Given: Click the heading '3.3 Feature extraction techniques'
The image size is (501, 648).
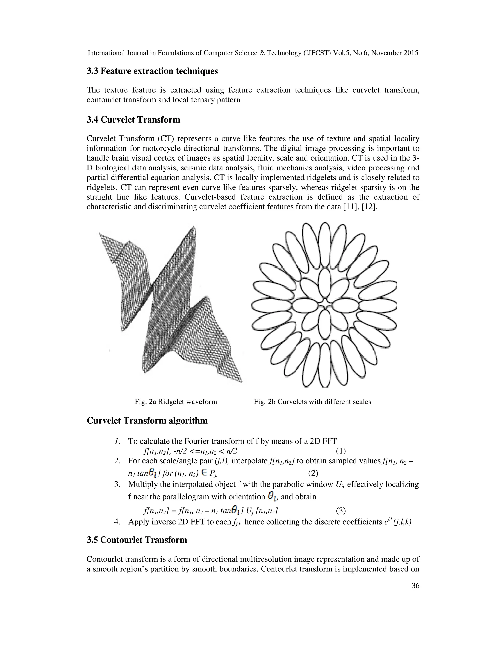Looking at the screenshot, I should tap(152, 71).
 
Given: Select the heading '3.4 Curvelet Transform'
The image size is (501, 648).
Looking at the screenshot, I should tap(133, 120).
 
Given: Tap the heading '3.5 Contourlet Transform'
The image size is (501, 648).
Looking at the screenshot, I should tap(137, 540).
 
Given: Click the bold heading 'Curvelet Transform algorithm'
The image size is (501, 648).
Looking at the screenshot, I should tap(147, 421).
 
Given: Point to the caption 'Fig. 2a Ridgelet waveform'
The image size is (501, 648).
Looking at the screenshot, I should tap(176, 402).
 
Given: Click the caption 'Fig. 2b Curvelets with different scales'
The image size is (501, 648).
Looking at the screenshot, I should tap(312, 402).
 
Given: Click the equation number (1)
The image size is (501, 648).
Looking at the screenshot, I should tap(341, 451).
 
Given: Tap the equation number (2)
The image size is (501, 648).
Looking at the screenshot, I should tap(313, 473).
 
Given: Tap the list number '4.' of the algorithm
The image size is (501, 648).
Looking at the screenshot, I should tap(117, 522).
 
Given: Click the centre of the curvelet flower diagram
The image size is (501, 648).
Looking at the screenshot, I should tap(325, 305).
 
